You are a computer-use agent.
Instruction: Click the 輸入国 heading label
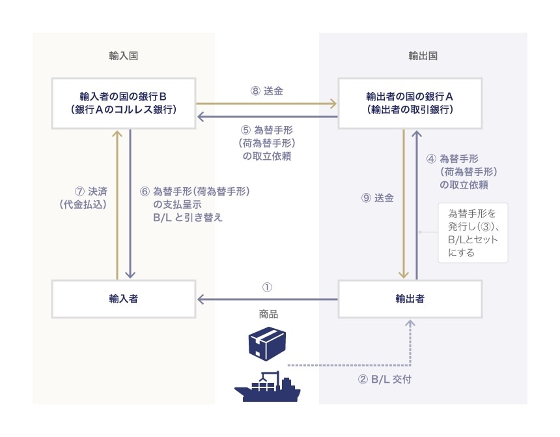tap(123, 56)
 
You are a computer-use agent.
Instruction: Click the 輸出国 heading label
tap(423, 56)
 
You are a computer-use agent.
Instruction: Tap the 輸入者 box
tap(124, 299)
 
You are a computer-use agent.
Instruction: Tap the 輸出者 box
tap(410, 299)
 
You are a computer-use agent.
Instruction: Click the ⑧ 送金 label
tap(266, 92)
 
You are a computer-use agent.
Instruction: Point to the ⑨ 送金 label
tap(377, 198)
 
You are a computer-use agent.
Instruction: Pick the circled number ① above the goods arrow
tap(266, 287)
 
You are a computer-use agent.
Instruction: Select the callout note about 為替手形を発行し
tap(472, 233)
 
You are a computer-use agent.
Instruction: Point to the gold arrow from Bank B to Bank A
tap(266, 103)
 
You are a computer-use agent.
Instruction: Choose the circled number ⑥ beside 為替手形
tap(145, 192)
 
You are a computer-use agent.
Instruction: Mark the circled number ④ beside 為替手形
tap(432, 158)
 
